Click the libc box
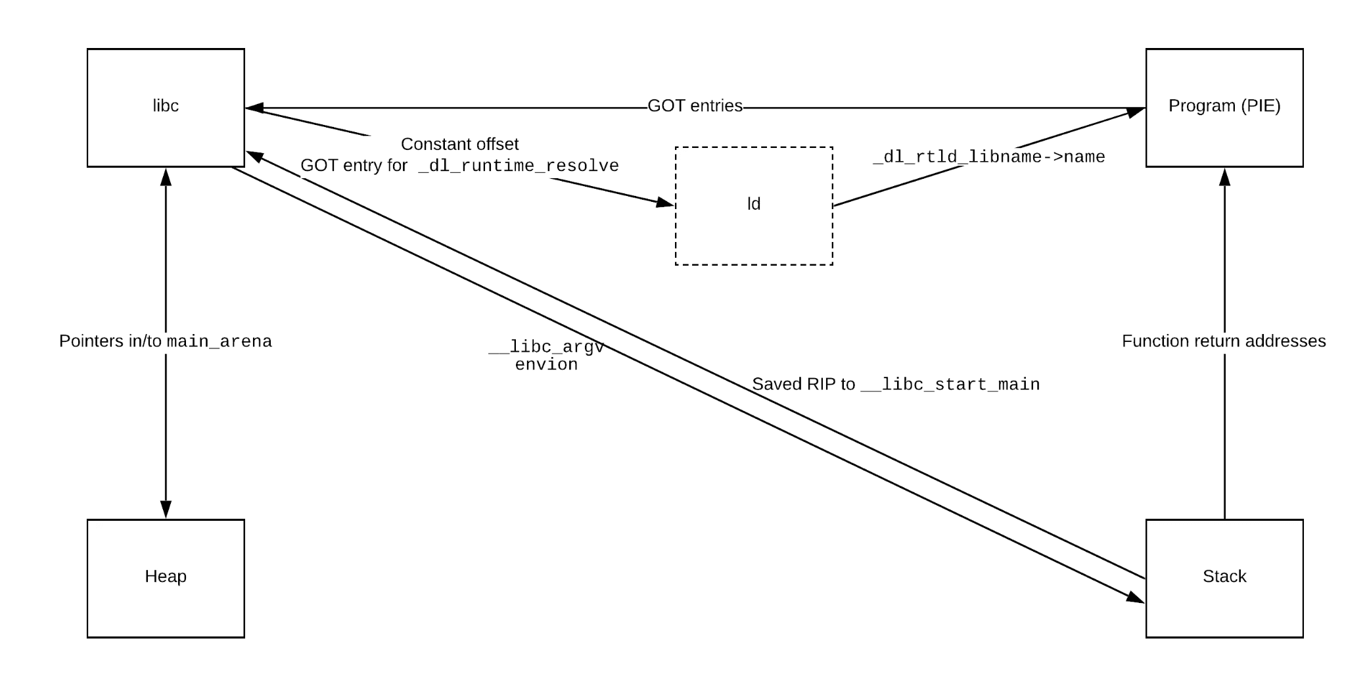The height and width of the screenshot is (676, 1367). click(x=166, y=107)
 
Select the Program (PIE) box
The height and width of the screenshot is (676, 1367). click(x=1224, y=107)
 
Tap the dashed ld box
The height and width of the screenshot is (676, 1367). click(x=754, y=205)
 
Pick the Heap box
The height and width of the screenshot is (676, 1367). click(x=166, y=577)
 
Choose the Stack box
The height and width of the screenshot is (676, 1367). click(x=1224, y=577)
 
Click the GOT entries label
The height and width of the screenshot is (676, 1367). click(x=695, y=106)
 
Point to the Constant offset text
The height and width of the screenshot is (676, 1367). click(x=459, y=144)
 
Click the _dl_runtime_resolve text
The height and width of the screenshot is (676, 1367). click(x=518, y=166)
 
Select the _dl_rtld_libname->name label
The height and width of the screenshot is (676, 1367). click(x=988, y=157)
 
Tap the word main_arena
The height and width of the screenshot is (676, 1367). click(x=219, y=341)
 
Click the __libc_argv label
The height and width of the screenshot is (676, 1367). click(x=546, y=347)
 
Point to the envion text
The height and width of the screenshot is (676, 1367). click(x=546, y=364)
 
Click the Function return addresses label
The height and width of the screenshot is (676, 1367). click(x=1223, y=341)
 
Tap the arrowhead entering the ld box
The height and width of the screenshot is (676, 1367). click(x=666, y=203)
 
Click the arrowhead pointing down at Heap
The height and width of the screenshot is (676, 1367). click(x=166, y=509)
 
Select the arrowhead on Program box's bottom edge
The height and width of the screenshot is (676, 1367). click(x=1224, y=178)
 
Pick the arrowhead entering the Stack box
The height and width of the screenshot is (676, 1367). click(x=1134, y=597)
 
